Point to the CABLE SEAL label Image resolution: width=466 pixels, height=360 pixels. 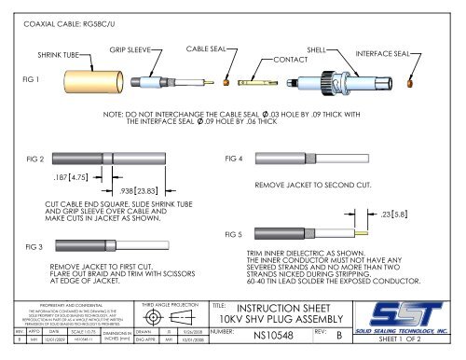pyautogui.click(x=206, y=46)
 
